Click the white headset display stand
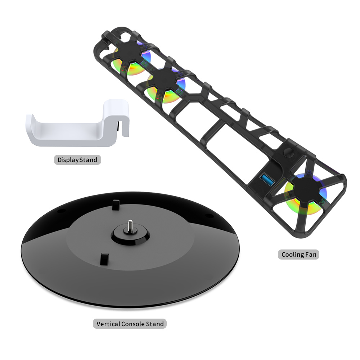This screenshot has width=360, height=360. pyautogui.click(x=76, y=135)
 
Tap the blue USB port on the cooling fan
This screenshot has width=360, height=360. pyautogui.click(x=267, y=180)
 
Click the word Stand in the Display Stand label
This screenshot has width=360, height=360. pyautogui.click(x=88, y=160)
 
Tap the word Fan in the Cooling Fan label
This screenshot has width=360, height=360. pyautogui.click(x=311, y=255)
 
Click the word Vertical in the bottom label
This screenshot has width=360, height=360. pyautogui.click(x=108, y=324)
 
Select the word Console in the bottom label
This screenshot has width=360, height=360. pyautogui.click(x=133, y=324)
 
